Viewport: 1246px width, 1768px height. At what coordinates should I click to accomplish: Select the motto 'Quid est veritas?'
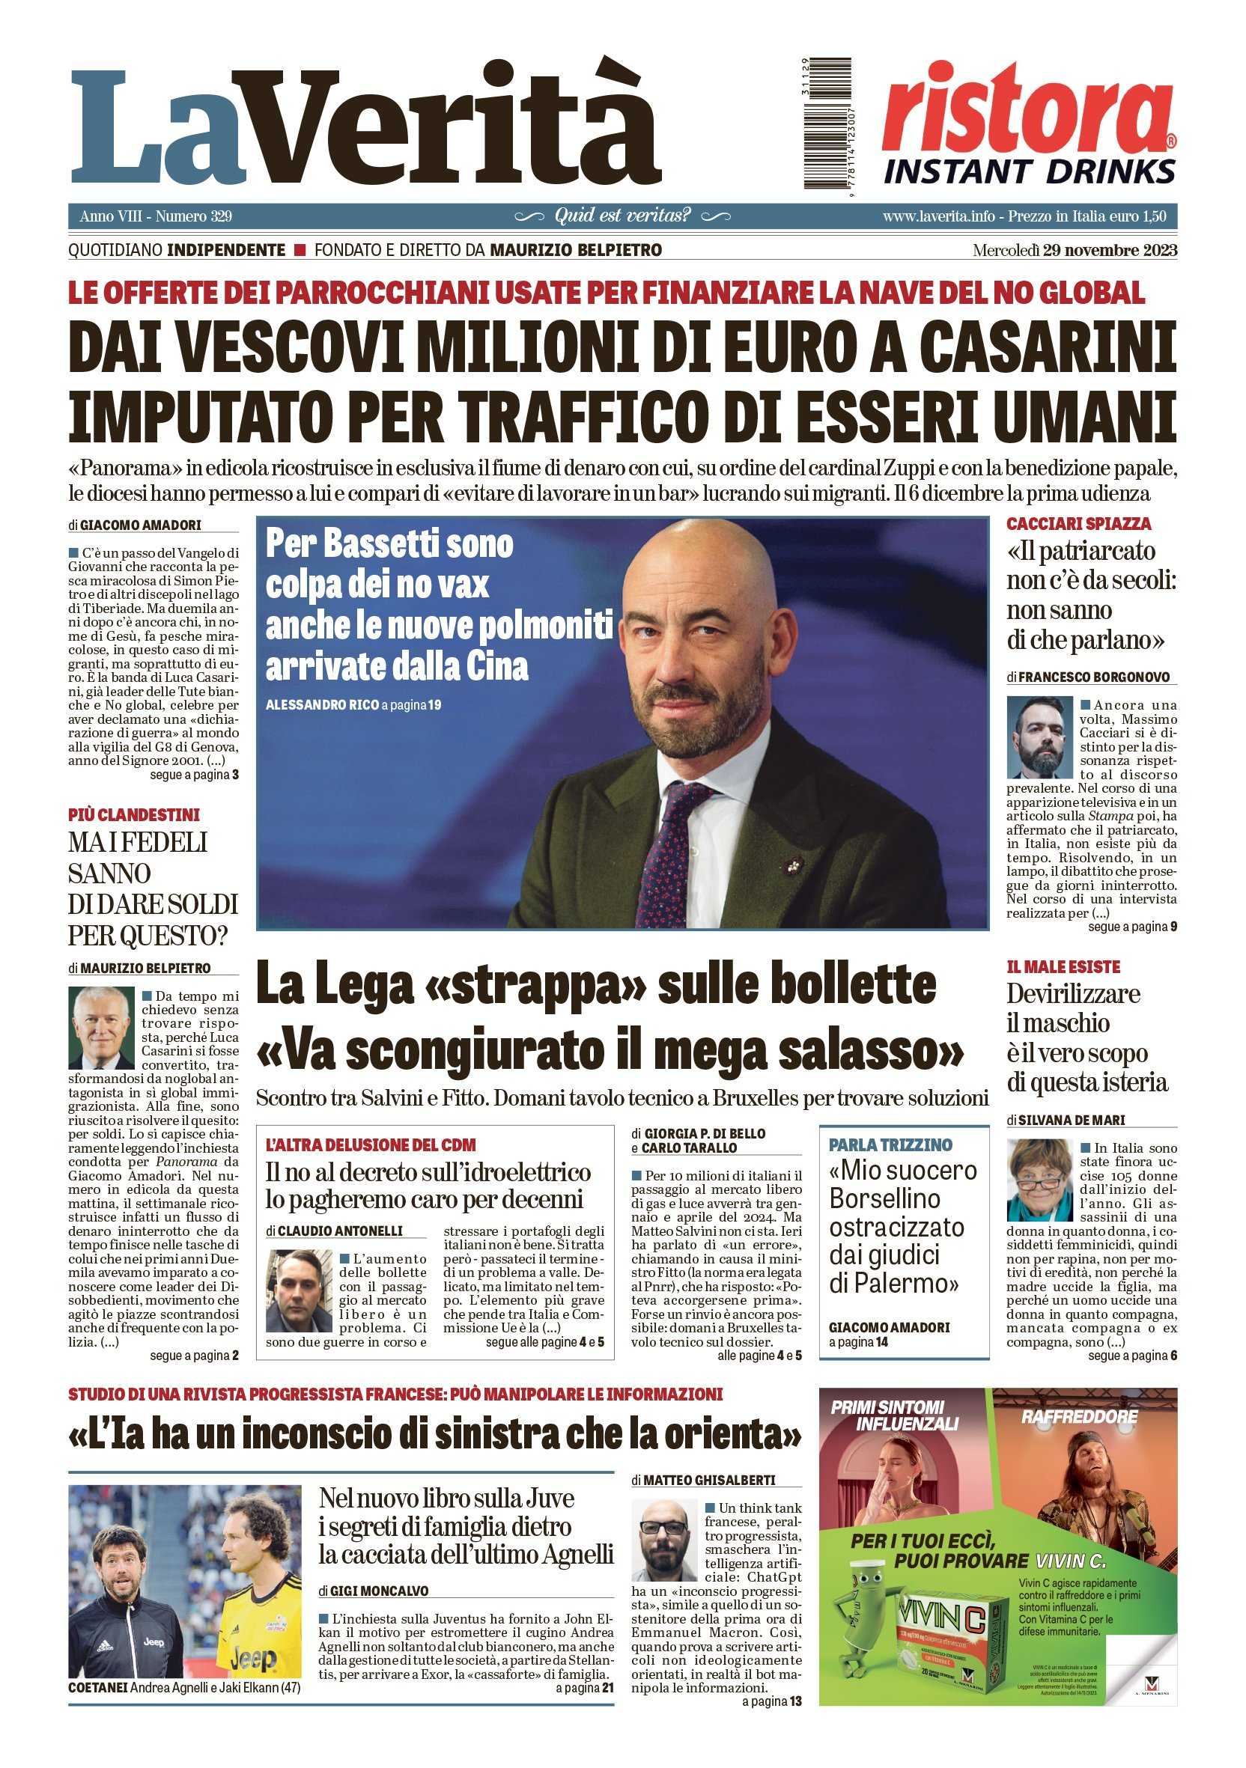[x=622, y=216]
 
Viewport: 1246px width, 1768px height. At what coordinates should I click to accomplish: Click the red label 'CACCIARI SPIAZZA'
[x=1078, y=524]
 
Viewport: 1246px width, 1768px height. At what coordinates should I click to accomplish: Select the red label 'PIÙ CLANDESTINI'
[x=133, y=814]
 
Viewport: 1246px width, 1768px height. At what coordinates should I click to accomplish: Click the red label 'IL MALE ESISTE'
[x=1063, y=967]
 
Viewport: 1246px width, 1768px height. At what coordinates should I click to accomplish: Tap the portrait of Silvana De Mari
[x=1039, y=1179]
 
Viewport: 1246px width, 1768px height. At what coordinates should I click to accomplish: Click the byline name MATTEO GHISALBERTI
[x=708, y=1480]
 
